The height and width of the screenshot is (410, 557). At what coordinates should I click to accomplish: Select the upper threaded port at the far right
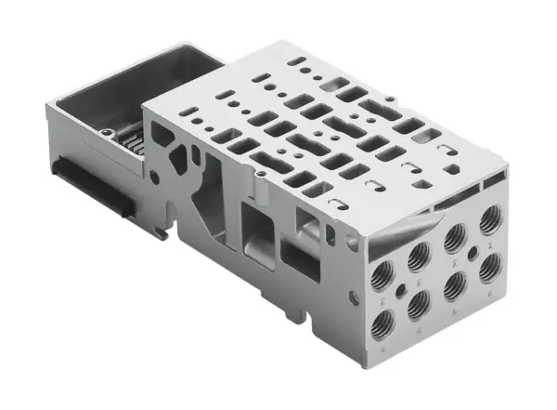(x=490, y=223)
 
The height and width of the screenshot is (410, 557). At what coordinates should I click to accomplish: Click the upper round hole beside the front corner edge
(x=352, y=244)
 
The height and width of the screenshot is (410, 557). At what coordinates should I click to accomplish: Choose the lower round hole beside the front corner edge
(x=354, y=298)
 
